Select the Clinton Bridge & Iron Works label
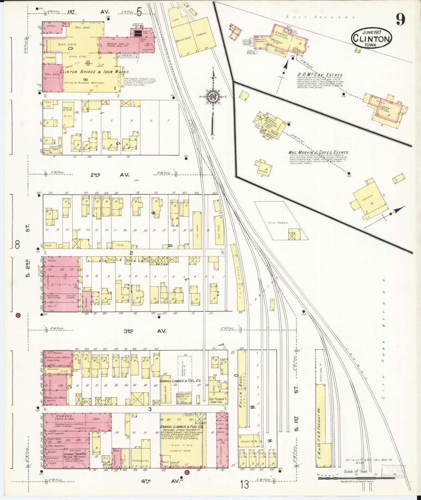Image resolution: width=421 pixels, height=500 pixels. pyautogui.click(x=95, y=71)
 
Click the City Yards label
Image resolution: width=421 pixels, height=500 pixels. pyautogui.click(x=278, y=223)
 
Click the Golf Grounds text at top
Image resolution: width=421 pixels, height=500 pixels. pyautogui.click(x=320, y=17)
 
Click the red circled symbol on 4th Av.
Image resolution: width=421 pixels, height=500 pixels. pyautogui.click(x=186, y=479)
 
